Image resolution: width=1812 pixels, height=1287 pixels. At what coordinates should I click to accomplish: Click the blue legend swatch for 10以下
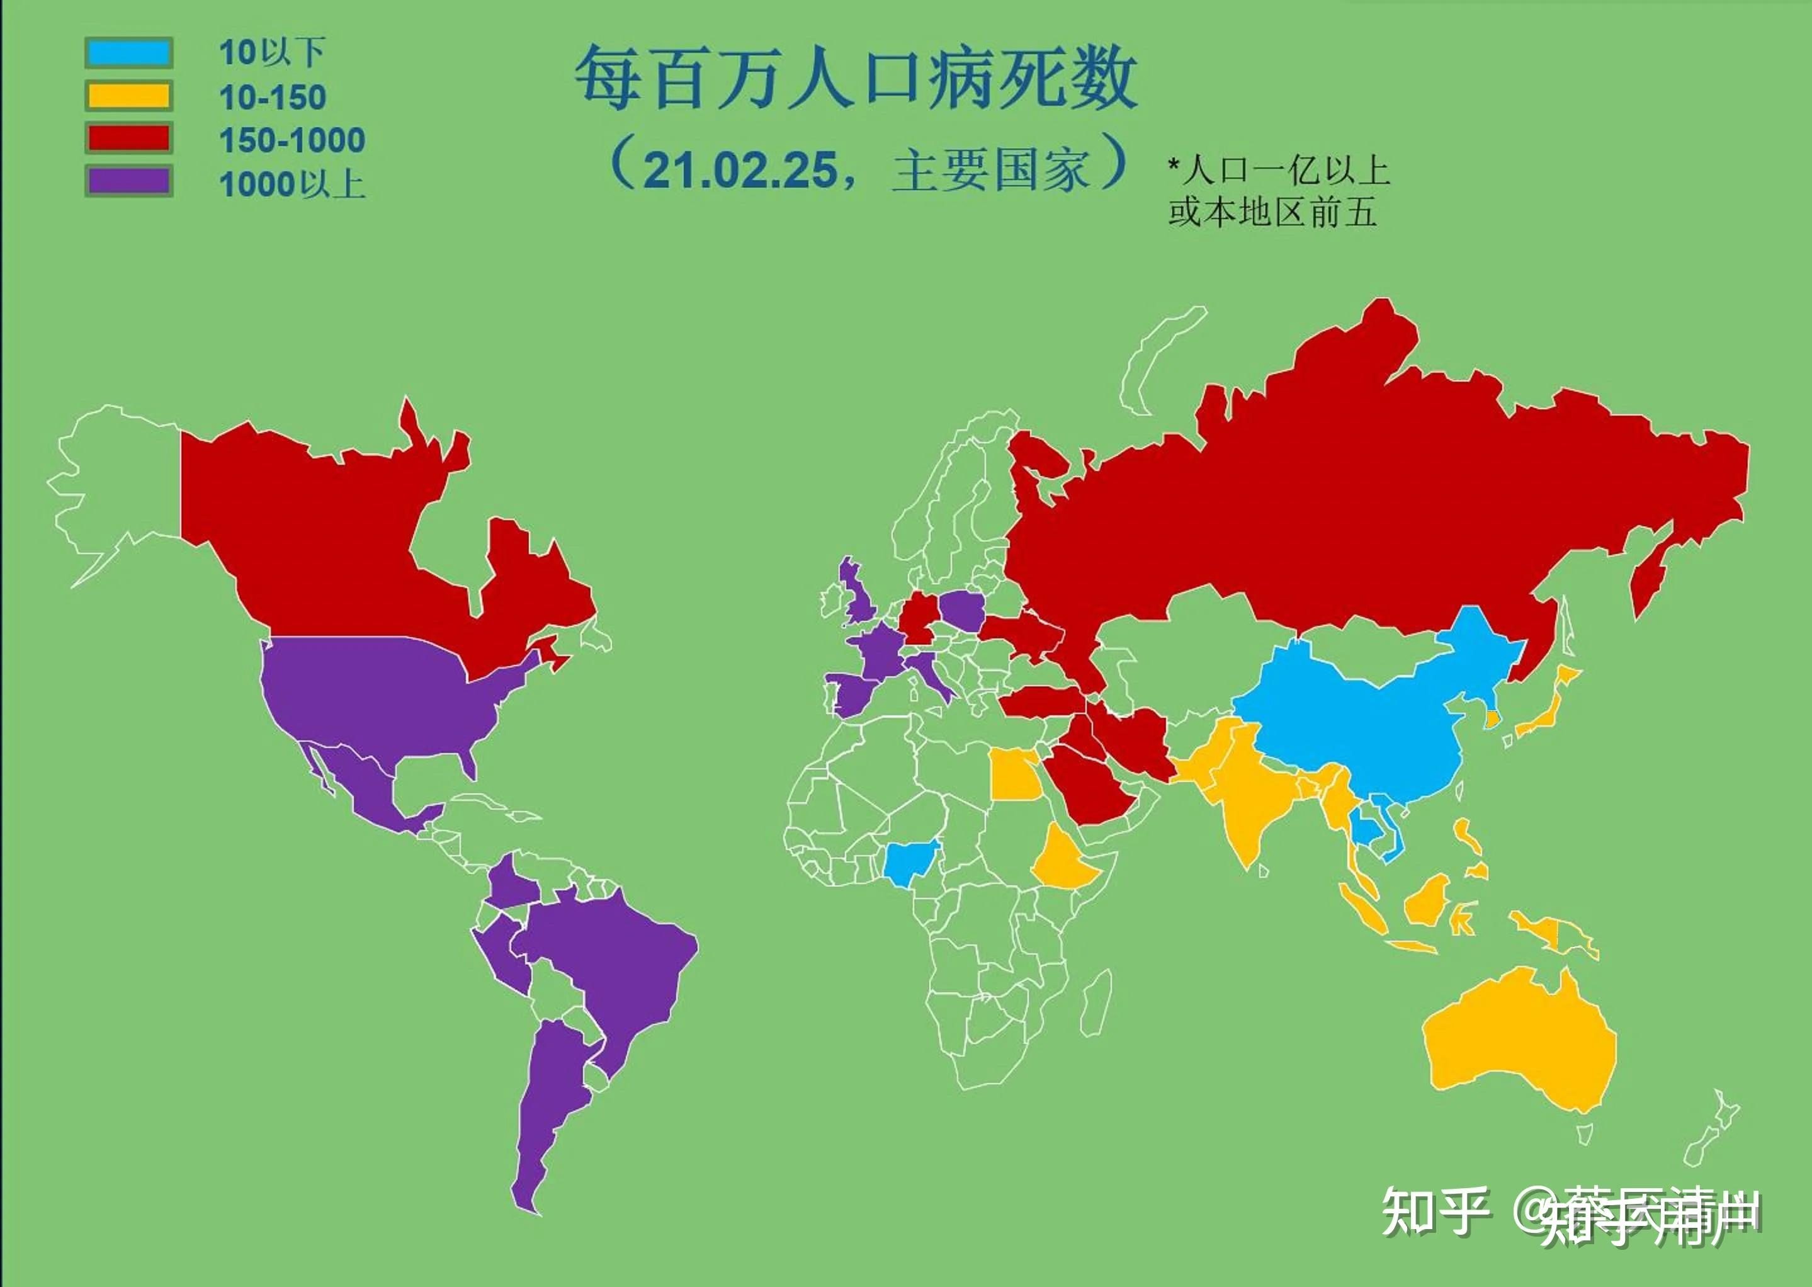128,52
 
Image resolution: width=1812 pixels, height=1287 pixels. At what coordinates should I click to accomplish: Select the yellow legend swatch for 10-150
128,96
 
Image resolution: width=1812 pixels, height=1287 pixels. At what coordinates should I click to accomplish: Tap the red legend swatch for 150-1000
128,139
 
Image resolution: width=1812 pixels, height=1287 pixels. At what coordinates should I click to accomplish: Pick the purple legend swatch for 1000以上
128,181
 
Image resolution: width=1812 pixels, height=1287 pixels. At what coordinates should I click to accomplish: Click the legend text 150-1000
292,140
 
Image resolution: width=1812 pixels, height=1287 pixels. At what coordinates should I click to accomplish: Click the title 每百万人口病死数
856,77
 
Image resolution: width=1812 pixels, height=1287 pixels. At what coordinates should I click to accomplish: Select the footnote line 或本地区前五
1271,212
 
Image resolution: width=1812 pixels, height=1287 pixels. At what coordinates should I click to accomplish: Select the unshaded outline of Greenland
1157,356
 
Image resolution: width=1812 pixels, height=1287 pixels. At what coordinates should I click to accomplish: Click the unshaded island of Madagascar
1097,1002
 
